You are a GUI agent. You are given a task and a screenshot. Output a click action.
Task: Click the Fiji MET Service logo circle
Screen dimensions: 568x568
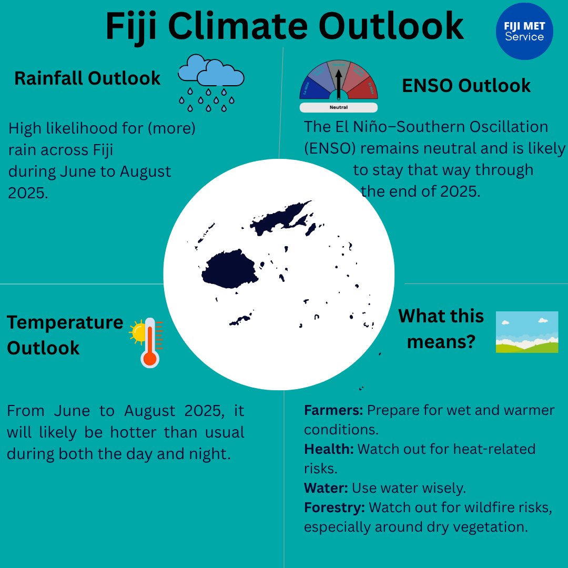(x=524, y=31)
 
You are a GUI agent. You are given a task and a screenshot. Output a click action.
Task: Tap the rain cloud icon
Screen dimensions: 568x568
(x=210, y=82)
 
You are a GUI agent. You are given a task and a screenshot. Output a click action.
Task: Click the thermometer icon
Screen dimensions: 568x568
(x=150, y=342)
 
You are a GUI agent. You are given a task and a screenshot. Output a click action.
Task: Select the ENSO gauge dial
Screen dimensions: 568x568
(x=339, y=82)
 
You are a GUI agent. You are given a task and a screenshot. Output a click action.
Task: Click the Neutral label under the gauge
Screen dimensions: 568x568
(x=338, y=107)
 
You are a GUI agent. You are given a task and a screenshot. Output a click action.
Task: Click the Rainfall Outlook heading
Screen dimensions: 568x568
(x=87, y=78)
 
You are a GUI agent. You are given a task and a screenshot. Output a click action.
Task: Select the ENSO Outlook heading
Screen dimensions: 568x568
(x=466, y=86)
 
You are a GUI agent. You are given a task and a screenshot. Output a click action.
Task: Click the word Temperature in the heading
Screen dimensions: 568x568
(x=65, y=322)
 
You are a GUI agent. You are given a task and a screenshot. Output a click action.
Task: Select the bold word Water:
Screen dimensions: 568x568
(x=326, y=488)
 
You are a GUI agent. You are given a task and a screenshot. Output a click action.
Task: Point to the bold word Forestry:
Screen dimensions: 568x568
(x=334, y=508)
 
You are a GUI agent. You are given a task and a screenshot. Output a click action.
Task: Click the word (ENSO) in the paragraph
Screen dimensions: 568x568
(x=330, y=149)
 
